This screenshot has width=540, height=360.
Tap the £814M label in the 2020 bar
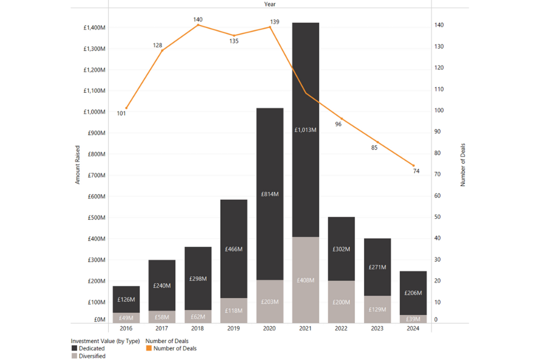(269, 194)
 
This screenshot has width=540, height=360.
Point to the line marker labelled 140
(198, 25)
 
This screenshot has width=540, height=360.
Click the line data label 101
(121, 114)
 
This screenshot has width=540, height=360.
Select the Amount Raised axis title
(78, 164)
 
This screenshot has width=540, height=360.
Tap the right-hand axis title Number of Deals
(463, 165)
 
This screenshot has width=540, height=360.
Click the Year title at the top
(270, 4)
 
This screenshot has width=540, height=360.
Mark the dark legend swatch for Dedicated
(74, 349)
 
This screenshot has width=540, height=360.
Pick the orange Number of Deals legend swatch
(148, 349)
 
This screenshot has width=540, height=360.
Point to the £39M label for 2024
(413, 319)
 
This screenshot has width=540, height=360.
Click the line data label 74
(416, 172)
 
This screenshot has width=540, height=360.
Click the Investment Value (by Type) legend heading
(105, 341)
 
